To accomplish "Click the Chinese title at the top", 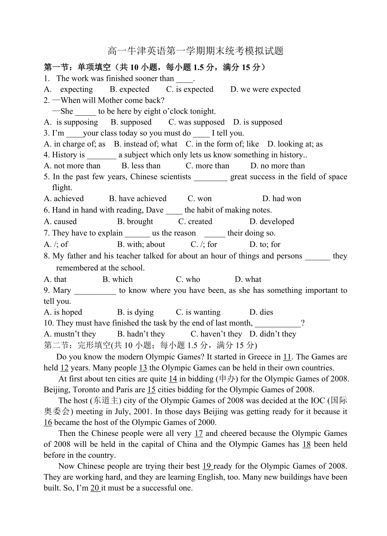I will point(195,51).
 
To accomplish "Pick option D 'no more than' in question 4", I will point(277,166).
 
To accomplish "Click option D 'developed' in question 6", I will point(271,221).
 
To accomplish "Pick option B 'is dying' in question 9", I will point(135,312).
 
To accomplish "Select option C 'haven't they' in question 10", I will point(216,334).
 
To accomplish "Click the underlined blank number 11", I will point(287,357).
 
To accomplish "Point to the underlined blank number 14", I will point(172,379).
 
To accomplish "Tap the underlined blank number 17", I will point(199,433).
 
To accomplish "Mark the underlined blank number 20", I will point(95,488).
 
